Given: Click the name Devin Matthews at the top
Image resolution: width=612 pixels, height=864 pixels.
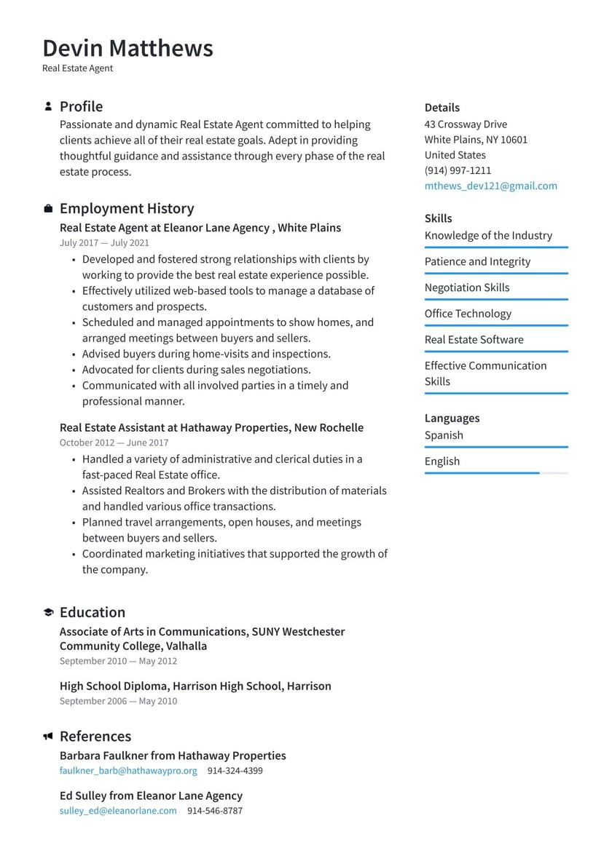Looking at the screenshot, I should [127, 48].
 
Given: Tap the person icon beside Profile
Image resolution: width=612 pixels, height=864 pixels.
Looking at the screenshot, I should [48, 106].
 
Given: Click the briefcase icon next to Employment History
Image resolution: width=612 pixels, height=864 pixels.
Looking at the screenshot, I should [48, 209].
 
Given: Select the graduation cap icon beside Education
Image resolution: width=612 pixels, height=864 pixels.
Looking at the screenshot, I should [48, 612].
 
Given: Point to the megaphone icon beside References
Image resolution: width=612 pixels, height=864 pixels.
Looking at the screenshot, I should [48, 737].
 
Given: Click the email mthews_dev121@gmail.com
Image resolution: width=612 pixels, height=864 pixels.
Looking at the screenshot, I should [490, 186].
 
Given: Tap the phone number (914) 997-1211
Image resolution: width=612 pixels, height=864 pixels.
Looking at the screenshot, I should [458, 170].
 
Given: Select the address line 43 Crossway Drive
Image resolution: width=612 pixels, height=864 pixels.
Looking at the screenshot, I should [466, 124].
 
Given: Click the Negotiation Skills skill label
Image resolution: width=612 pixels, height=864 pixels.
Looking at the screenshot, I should [467, 288].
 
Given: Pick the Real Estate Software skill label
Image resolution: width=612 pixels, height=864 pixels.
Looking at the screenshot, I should [474, 340].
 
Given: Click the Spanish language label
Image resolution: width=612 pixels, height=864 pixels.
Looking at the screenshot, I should [444, 435].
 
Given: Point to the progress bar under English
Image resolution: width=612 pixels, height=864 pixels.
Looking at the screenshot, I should [495, 473].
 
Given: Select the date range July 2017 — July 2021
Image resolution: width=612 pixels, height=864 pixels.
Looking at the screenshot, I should [104, 243].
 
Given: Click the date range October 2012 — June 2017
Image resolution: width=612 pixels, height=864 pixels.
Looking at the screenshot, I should [114, 443].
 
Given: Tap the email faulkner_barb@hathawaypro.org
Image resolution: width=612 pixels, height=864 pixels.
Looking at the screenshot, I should [128, 770].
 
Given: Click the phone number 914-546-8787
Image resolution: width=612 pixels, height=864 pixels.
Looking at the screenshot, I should [215, 810].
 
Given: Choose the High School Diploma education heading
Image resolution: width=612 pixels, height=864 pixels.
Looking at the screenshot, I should [195, 686].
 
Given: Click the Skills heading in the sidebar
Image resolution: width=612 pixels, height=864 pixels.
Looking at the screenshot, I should [438, 218].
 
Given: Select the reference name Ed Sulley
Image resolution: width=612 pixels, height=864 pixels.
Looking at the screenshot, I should [82, 796].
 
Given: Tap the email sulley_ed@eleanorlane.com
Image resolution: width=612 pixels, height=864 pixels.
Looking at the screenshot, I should [118, 810].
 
